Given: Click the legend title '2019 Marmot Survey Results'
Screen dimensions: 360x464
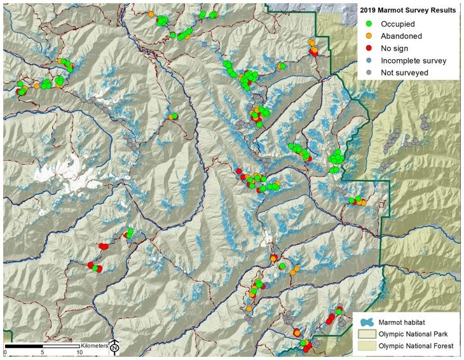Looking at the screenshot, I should tap(407, 10).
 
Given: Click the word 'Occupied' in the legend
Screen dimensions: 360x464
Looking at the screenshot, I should tap(398, 24).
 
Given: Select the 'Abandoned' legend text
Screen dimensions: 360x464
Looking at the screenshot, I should tap(401, 36).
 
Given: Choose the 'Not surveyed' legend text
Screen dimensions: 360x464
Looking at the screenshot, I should tap(404, 73).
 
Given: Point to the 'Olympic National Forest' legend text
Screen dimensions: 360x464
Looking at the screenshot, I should tap(416, 346).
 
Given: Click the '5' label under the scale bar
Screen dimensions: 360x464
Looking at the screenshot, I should tap(42, 352).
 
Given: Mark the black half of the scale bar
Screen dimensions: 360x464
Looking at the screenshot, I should tap(24, 345).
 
